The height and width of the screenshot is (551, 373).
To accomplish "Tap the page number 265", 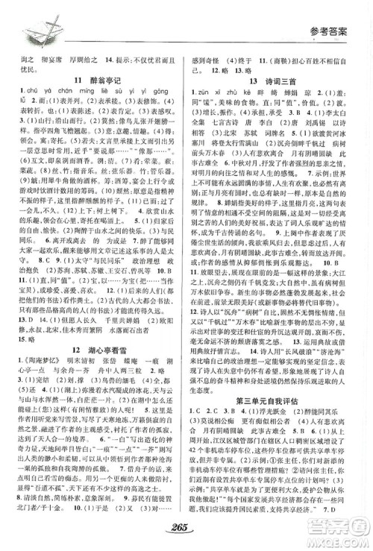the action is pyautogui.click(x=186, y=528).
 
